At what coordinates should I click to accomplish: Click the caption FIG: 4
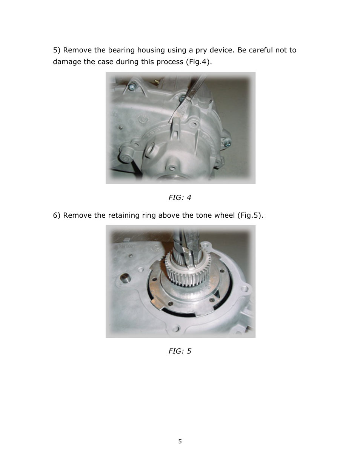[x=180, y=197]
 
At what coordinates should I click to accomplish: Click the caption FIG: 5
[x=180, y=351]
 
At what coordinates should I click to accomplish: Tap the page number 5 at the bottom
[x=180, y=441]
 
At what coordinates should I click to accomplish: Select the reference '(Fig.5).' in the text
[x=250, y=215]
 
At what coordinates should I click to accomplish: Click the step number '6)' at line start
[x=57, y=215]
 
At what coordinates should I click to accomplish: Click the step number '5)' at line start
[x=57, y=50]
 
